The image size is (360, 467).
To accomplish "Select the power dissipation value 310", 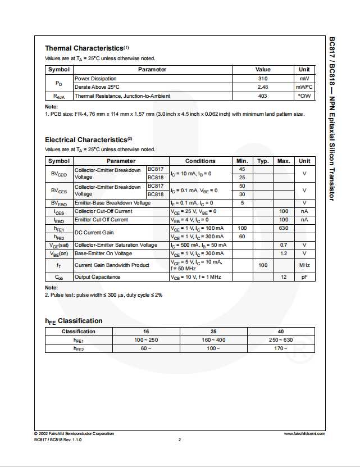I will coord(262,79).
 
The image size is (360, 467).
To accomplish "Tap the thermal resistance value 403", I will coord(262,96).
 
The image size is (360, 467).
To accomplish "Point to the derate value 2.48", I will coord(262,87).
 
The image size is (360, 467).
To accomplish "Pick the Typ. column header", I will coord(263,161).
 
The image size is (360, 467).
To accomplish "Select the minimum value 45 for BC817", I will coord(242,169).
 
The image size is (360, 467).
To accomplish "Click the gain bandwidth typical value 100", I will coord(263,265).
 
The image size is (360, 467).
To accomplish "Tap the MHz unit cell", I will coord(304,265).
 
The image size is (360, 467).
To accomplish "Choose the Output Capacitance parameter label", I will coord(97,277).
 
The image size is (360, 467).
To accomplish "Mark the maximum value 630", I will coord(284,228).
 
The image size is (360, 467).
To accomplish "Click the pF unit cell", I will coord(304,277).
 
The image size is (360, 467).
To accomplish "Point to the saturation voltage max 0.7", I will coord(284,245).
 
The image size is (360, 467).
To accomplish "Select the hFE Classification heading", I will coord(74,321).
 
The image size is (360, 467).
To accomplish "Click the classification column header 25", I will coord(213,332).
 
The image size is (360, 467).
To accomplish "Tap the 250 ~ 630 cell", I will coord(281,341).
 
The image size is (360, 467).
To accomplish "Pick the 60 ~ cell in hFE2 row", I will coord(146,349).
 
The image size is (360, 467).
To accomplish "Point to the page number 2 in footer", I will coord(180,439).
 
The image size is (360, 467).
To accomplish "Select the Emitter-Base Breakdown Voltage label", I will coord(112,203).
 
